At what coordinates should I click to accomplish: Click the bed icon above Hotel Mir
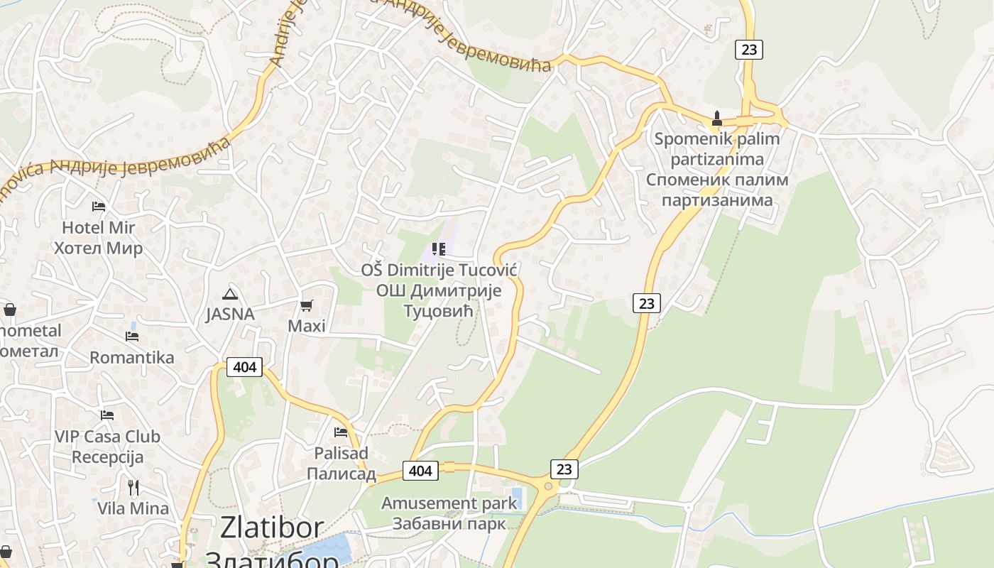pos(99,207)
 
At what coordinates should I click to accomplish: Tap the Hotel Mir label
pos(99,228)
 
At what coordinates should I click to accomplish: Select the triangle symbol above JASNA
pos(229,294)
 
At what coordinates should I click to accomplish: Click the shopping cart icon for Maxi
pos(307,305)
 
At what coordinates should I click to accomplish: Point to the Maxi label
pos(307,326)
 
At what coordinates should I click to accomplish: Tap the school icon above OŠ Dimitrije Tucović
pos(438,249)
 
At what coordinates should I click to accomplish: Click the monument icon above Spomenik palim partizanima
pos(716,118)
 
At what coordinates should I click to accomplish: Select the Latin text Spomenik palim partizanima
pos(716,149)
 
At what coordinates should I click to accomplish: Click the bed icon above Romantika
pos(132,336)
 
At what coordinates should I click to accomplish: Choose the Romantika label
pos(132,357)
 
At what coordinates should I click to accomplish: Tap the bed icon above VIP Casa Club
pos(107,415)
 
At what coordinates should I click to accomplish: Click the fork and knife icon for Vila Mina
pos(133,487)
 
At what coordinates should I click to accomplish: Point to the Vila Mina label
pos(133,508)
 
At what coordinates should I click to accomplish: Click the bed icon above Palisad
pos(341,432)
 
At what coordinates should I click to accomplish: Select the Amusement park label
pos(449,503)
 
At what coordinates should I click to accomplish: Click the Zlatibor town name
pos(272,528)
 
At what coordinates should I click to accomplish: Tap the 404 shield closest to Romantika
pos(244,367)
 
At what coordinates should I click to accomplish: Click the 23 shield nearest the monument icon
pos(748,50)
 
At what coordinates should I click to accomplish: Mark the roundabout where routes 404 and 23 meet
pos(548,486)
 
